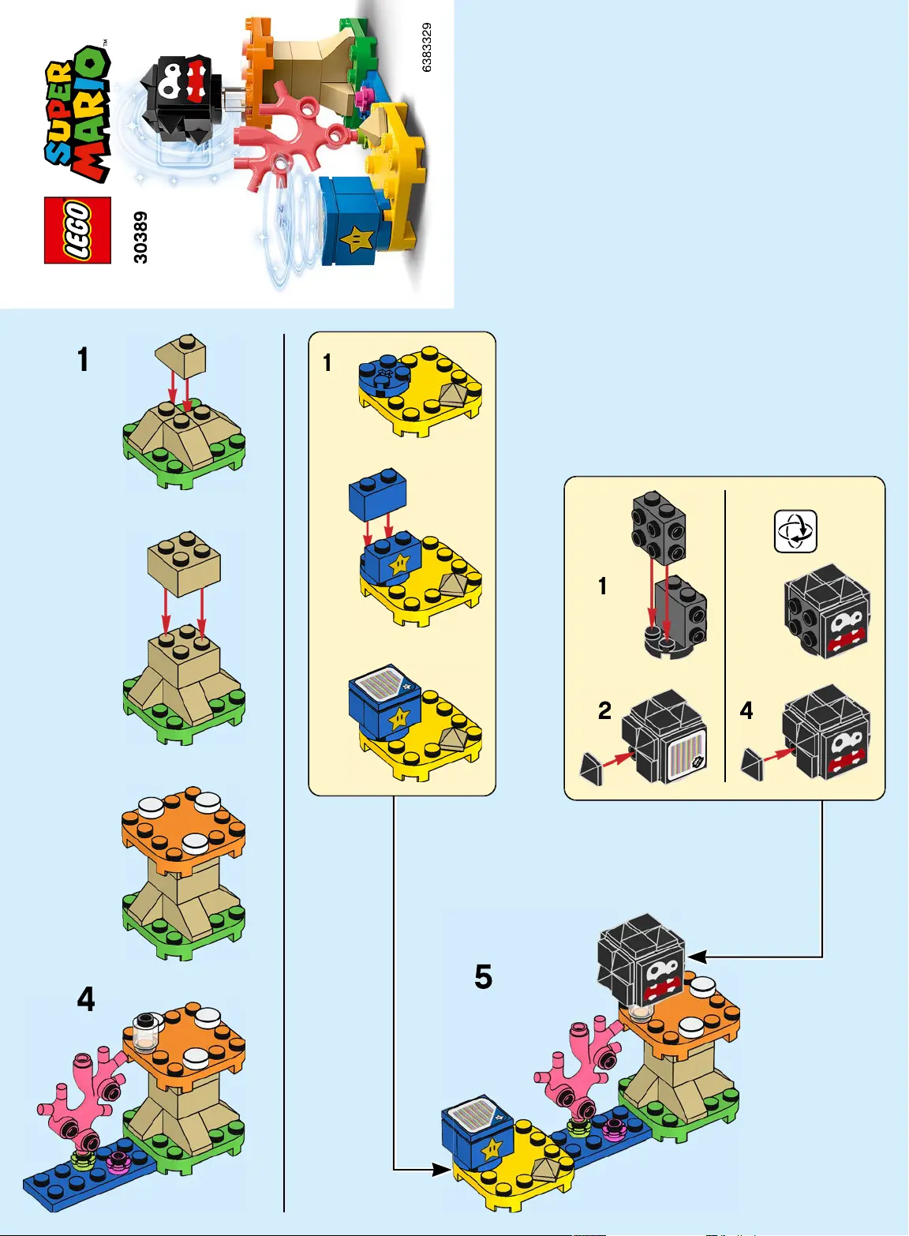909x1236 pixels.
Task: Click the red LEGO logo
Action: tap(77, 230)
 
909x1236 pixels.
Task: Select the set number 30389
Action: tap(140, 237)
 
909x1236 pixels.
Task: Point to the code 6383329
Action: tap(426, 47)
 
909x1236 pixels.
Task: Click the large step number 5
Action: tap(483, 977)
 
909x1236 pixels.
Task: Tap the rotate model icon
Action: tap(795, 531)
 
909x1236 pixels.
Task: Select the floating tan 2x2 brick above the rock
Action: tap(184, 562)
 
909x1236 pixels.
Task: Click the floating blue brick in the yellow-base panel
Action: tap(378, 495)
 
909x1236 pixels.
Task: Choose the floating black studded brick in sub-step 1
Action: tap(659, 526)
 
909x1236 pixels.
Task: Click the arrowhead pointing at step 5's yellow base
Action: tap(442, 1169)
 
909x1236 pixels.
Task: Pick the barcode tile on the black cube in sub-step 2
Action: tap(684, 756)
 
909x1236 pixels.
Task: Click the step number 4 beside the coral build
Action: tap(85, 999)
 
